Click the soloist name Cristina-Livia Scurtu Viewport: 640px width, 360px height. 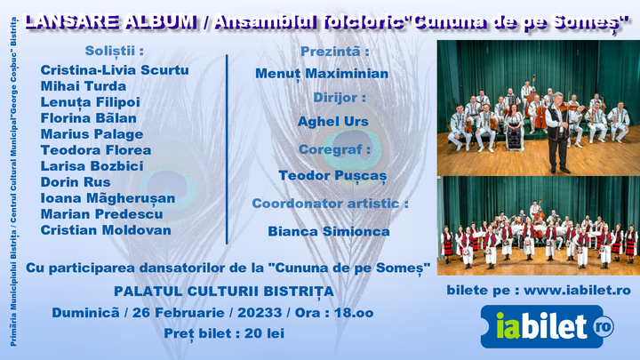(115, 70)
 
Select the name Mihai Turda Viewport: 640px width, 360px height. (84, 86)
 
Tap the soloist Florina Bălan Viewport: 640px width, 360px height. (89, 118)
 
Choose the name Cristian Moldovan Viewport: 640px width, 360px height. (106, 230)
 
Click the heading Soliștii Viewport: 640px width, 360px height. (113, 50)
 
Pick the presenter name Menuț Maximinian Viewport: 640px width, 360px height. (322, 73)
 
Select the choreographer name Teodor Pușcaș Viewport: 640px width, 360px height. (332, 176)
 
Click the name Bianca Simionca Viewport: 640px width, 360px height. (329, 231)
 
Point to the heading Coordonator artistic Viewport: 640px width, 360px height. (330, 204)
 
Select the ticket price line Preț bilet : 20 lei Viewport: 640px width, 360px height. (224, 333)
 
